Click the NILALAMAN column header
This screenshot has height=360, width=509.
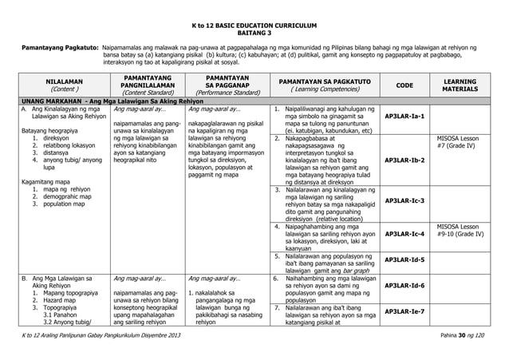pyautogui.click(x=61, y=85)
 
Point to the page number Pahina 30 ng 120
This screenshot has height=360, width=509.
pyautogui.click(x=468, y=342)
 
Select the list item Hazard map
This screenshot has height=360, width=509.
pyautogui.click(x=55, y=297)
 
